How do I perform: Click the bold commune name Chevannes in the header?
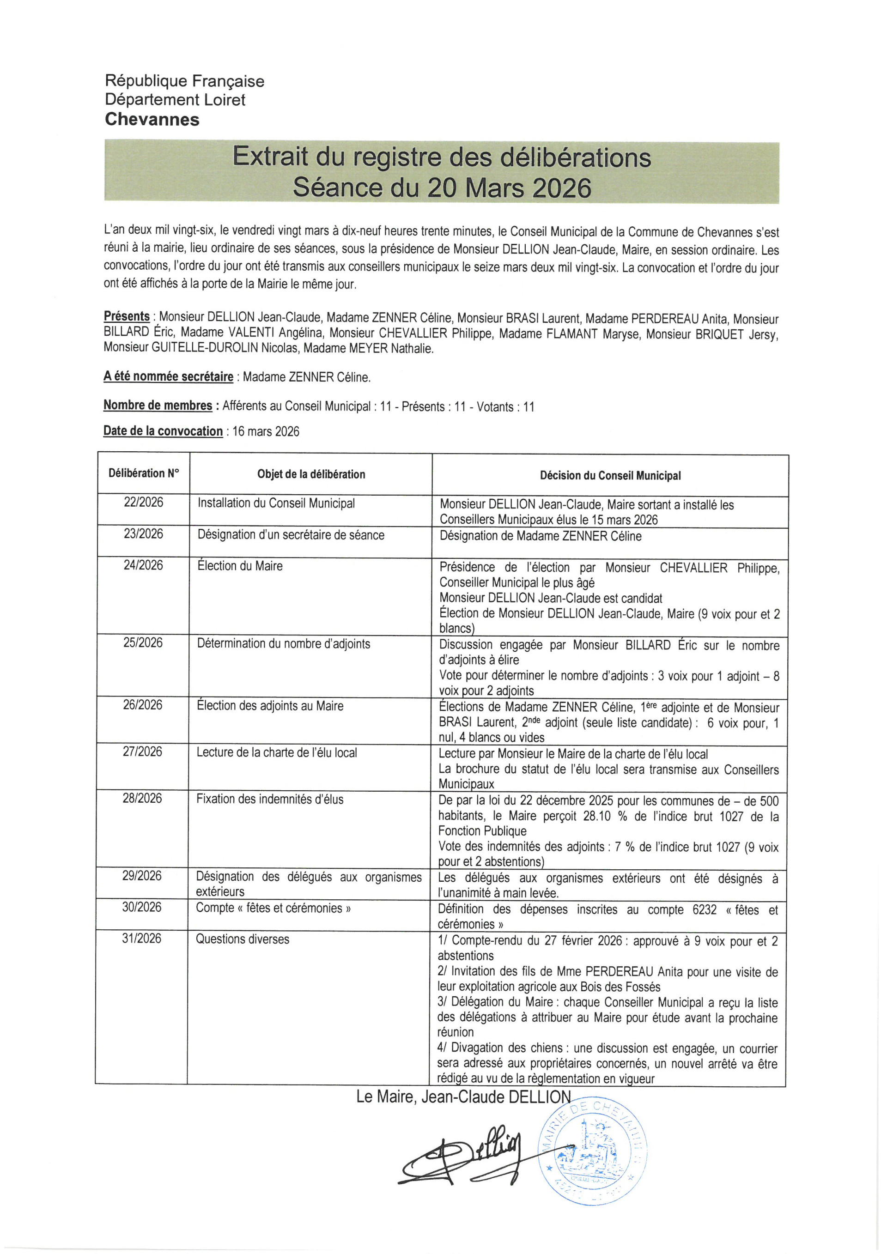pyautogui.click(x=152, y=119)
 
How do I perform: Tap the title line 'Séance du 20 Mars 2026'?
pyautogui.click(x=442, y=188)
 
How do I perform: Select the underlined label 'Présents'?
pyautogui.click(x=127, y=316)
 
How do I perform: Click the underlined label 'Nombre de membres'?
pyautogui.click(x=158, y=405)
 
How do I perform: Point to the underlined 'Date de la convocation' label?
pyautogui.click(x=163, y=431)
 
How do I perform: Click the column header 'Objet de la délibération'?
pyautogui.click(x=311, y=474)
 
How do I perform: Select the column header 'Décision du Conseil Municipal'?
pyautogui.click(x=610, y=475)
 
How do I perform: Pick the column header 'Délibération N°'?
pyautogui.click(x=144, y=473)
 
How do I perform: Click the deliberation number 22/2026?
pyautogui.click(x=143, y=502)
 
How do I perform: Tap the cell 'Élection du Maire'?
pyautogui.click(x=240, y=566)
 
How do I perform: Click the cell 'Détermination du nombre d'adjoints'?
pyautogui.click(x=284, y=643)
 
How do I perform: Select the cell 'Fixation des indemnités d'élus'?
pyautogui.click(x=270, y=799)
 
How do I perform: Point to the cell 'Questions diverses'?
pyautogui.click(x=243, y=939)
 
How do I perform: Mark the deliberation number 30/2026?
pyautogui.click(x=142, y=907)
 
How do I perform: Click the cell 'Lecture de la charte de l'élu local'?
pyautogui.click(x=276, y=752)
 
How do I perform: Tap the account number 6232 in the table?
pyautogui.click(x=704, y=909)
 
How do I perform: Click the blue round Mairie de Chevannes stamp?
pyautogui.click(x=592, y=1152)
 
